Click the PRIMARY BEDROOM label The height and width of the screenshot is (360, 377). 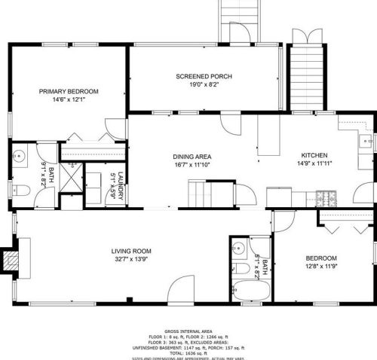pyautogui.click(x=69, y=90)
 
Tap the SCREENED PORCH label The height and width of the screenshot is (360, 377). pyautogui.click(x=204, y=76)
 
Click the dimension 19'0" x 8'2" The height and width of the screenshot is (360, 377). pyautogui.click(x=204, y=84)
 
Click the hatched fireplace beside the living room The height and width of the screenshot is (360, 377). pyautogui.click(x=11, y=260)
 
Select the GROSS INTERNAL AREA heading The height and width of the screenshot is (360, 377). pyautogui.click(x=188, y=331)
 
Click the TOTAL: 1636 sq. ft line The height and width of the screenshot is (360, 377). pyautogui.click(x=188, y=352)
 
